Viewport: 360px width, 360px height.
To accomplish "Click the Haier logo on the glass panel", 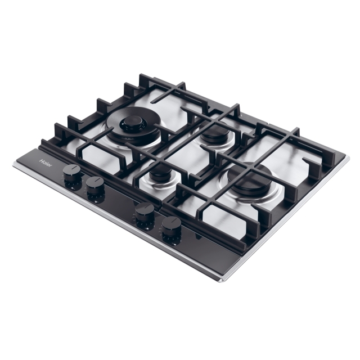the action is (46, 163).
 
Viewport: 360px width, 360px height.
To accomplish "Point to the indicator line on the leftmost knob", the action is (71, 169).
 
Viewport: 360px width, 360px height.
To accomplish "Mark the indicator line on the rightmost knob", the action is (172, 221).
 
